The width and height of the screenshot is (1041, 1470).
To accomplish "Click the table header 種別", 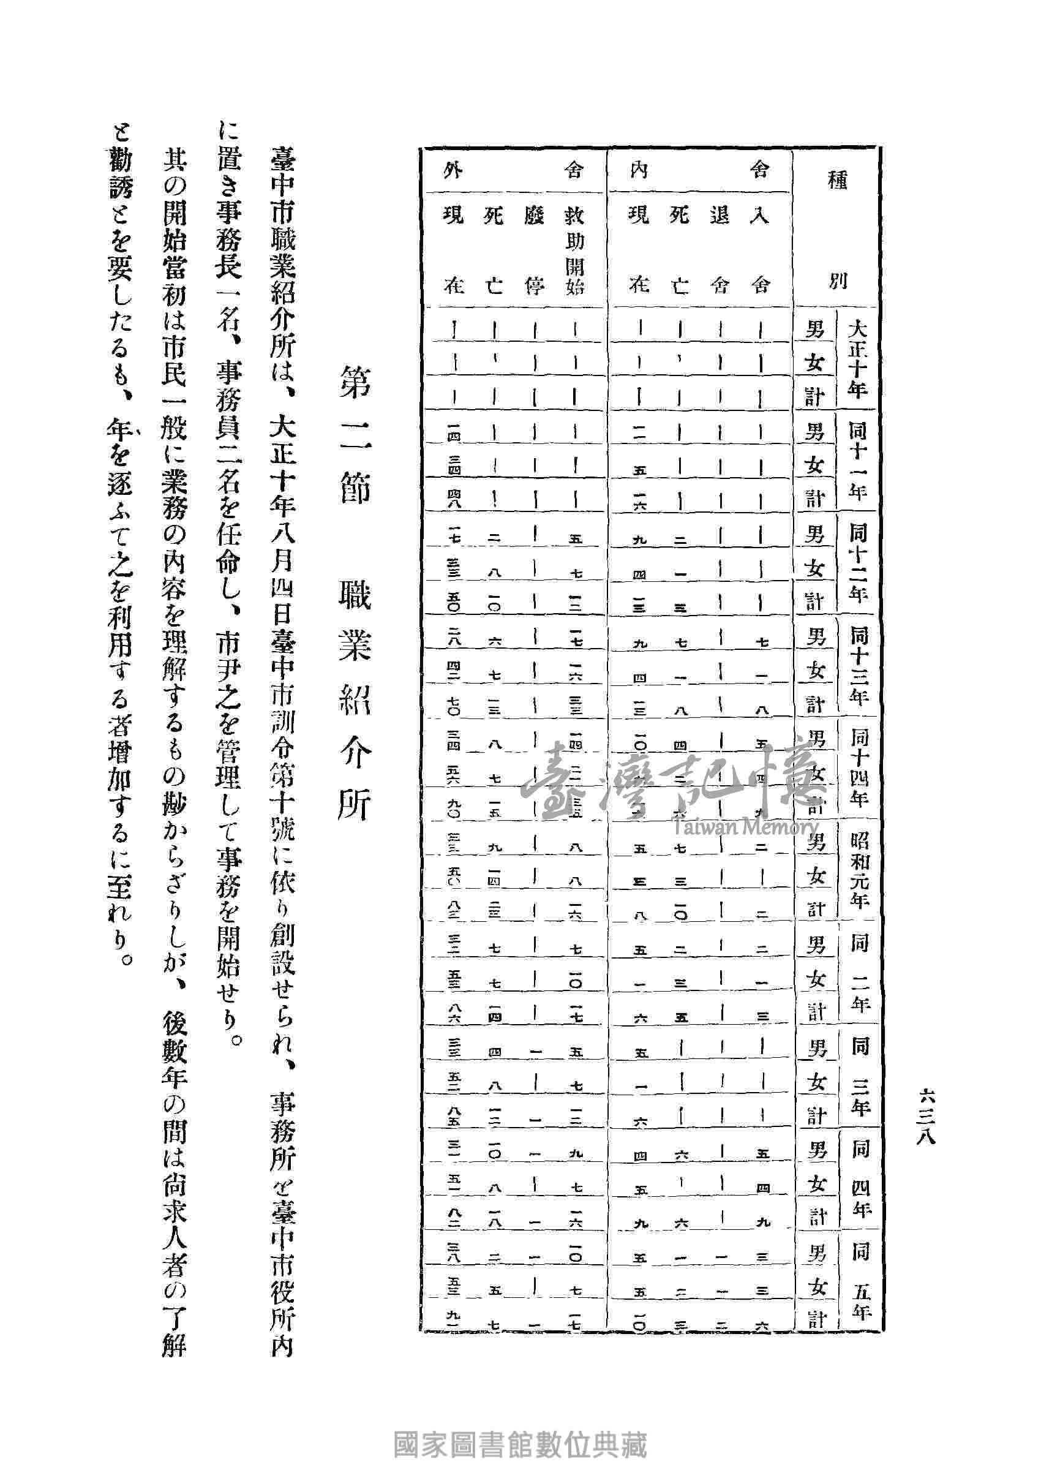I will pyautogui.click(x=837, y=230).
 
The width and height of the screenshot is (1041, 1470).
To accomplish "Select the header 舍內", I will pyautogui.click(x=699, y=170).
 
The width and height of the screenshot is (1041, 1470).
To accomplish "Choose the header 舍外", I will pyautogui.click(x=513, y=170).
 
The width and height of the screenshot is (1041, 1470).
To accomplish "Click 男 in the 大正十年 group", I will pyautogui.click(x=814, y=330).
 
